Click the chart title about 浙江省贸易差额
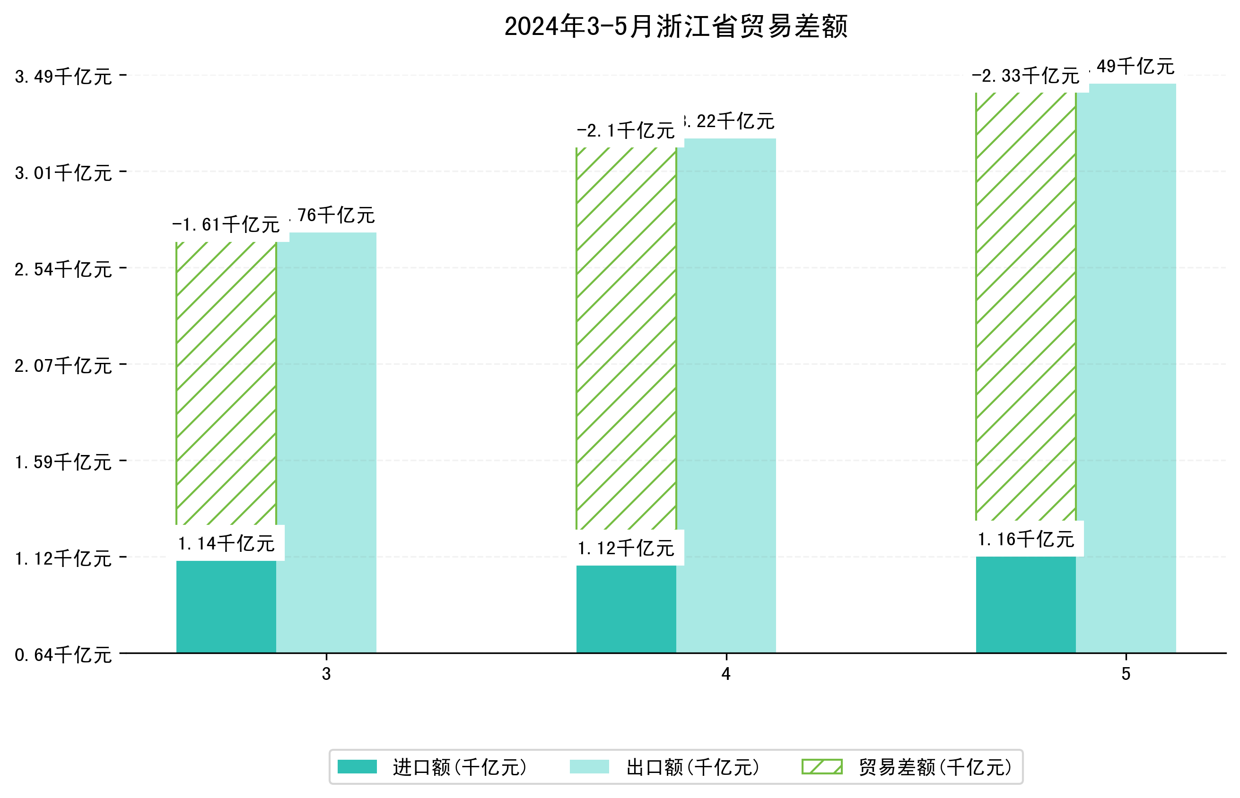point(675,26)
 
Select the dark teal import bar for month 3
point(226,606)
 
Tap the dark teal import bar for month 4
point(626,609)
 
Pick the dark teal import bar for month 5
point(1025,604)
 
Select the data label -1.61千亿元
point(226,225)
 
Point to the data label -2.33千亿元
point(1025,76)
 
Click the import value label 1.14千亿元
point(226,543)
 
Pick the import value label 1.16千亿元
point(1025,540)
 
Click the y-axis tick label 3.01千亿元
point(63,172)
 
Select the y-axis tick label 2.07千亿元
point(63,365)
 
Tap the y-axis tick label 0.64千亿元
point(63,654)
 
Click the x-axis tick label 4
point(725,674)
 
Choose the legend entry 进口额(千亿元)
point(460,767)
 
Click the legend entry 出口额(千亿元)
point(692,767)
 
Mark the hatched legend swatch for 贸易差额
point(821,766)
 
